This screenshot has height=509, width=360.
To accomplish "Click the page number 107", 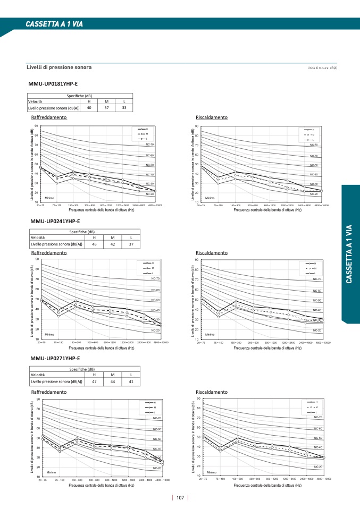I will coord(180,498).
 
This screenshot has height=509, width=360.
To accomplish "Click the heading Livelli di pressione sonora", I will coord(59,67).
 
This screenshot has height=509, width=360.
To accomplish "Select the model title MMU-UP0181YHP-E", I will coord(53,84).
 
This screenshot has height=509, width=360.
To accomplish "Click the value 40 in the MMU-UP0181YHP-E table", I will coord(89,108).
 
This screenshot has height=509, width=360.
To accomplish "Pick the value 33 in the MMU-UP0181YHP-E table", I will coord(123,108).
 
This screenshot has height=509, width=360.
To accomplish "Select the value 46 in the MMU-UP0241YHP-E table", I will coord(94,244).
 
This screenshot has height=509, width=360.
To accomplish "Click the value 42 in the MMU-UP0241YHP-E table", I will coord(112,244).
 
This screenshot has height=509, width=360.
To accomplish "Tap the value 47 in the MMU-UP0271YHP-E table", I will coord(94,381).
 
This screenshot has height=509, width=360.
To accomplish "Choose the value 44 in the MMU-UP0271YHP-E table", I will coord(112,381).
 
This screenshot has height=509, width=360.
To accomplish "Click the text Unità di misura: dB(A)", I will coord(322,69).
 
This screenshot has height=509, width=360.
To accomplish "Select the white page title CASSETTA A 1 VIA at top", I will coord(55,24).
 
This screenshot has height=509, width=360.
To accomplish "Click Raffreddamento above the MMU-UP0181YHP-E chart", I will coord(49,117).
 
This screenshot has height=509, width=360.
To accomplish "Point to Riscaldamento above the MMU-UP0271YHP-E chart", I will coord(212,392).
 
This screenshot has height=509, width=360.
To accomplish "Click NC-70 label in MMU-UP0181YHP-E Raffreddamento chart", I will coord(149,145).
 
